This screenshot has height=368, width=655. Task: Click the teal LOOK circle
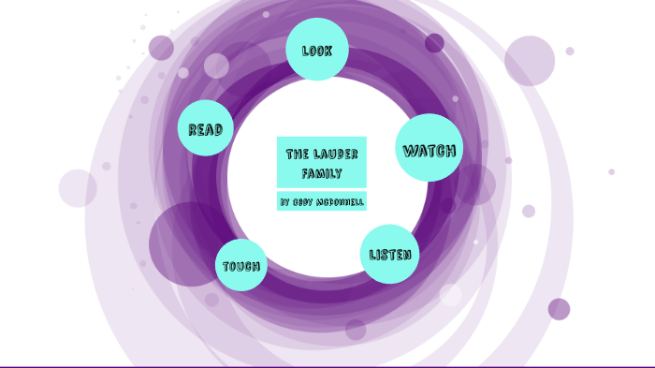click(317, 49)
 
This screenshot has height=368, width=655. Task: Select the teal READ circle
click(205, 128)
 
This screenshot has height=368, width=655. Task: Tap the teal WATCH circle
click(429, 148)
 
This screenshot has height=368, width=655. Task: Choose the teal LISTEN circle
click(389, 254)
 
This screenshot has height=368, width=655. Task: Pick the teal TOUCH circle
click(240, 265)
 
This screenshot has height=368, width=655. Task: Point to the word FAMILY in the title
click(322, 174)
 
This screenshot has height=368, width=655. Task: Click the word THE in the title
click(297, 154)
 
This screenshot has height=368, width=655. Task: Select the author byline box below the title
click(321, 201)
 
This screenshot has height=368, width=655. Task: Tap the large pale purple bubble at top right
click(530, 61)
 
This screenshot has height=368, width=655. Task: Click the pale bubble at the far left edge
click(78, 188)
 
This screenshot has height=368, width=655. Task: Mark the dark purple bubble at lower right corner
click(559, 309)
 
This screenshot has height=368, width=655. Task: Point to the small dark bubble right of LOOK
click(434, 43)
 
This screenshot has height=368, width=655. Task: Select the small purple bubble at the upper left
click(161, 48)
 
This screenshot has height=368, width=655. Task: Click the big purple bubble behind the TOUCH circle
click(187, 242)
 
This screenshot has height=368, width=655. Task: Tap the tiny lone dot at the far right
click(611, 171)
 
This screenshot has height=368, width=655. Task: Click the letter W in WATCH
click(410, 150)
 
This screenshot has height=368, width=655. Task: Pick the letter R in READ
click(192, 130)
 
